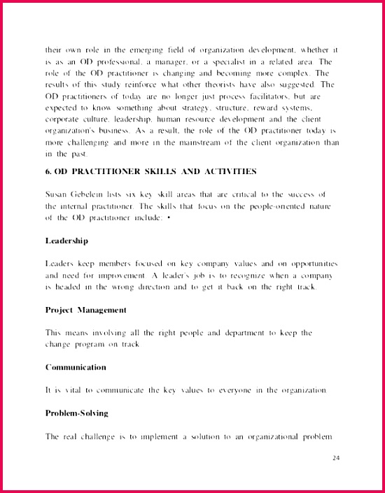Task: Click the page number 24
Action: (x=335, y=458)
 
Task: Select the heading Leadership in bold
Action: (x=66, y=241)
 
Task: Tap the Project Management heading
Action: (x=86, y=310)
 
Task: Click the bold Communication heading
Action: (x=76, y=367)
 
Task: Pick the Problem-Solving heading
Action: (x=77, y=413)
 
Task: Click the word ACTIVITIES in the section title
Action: (x=227, y=171)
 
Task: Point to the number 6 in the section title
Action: (x=48, y=171)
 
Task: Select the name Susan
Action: (x=57, y=194)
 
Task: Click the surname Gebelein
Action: (x=91, y=194)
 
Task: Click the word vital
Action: (x=72, y=390)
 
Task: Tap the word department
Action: (x=246, y=333)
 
